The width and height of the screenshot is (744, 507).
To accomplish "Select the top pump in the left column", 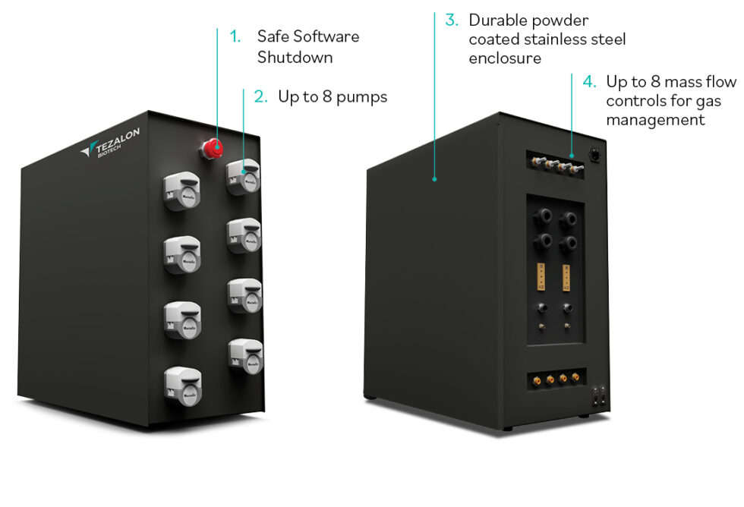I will pyautogui.click(x=181, y=191).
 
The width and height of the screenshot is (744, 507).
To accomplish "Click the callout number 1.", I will pyautogui.click(x=235, y=36).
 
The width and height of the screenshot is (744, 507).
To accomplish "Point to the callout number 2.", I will pyautogui.click(x=260, y=97).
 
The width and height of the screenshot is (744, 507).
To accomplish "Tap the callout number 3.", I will pyautogui.click(x=452, y=20).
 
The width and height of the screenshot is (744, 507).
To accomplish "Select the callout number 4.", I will pyautogui.click(x=588, y=81).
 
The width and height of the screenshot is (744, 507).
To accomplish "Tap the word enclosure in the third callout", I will pyautogui.click(x=505, y=58).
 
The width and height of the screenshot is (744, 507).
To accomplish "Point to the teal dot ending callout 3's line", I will pyautogui.click(x=434, y=180).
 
